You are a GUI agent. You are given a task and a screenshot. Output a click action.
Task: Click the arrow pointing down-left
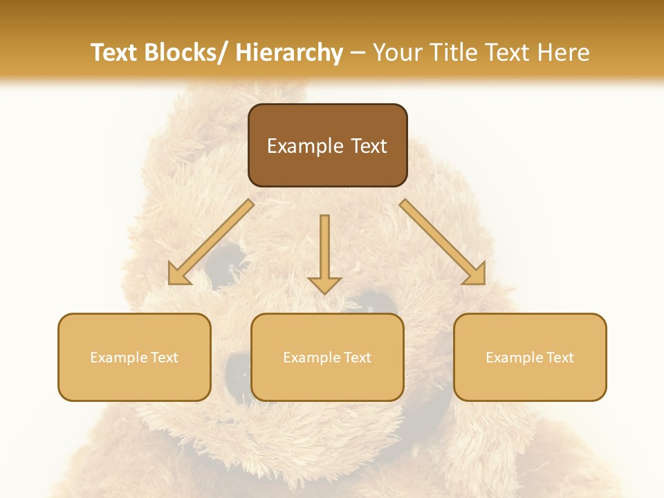[211, 242]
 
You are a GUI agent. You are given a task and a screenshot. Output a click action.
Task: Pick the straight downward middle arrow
[324, 252]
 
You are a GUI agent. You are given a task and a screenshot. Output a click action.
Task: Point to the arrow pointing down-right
[443, 242]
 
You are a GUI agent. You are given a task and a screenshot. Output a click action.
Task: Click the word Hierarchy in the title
[288, 53]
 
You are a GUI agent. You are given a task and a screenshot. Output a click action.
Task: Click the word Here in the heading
[563, 53]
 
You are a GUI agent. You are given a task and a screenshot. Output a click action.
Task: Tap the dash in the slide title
[358, 53]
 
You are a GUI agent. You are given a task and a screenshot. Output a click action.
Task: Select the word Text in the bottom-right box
[560, 358]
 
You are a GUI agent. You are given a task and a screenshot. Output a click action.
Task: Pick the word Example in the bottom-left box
[119, 358]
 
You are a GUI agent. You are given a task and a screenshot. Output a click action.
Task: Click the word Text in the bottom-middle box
[357, 358]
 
